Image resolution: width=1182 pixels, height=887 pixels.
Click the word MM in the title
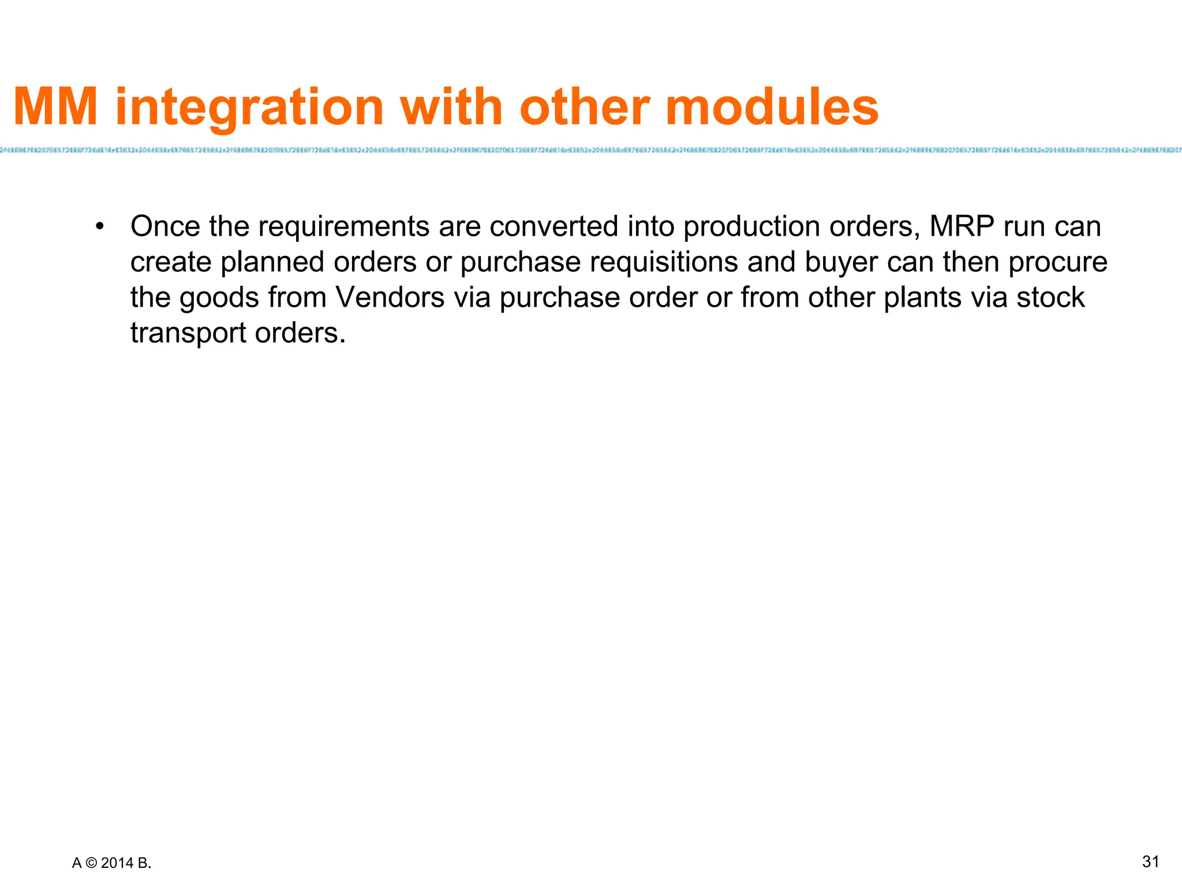[x=55, y=107]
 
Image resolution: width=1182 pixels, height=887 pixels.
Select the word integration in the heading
[x=249, y=109]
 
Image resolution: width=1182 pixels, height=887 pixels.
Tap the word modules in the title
[x=772, y=107]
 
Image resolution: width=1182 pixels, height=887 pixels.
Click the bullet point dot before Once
[x=100, y=227]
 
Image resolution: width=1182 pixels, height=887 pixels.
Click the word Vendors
[x=390, y=298]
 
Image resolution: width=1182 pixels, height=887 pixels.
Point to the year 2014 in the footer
[x=117, y=863]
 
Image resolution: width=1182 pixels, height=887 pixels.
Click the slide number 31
[x=1151, y=862]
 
